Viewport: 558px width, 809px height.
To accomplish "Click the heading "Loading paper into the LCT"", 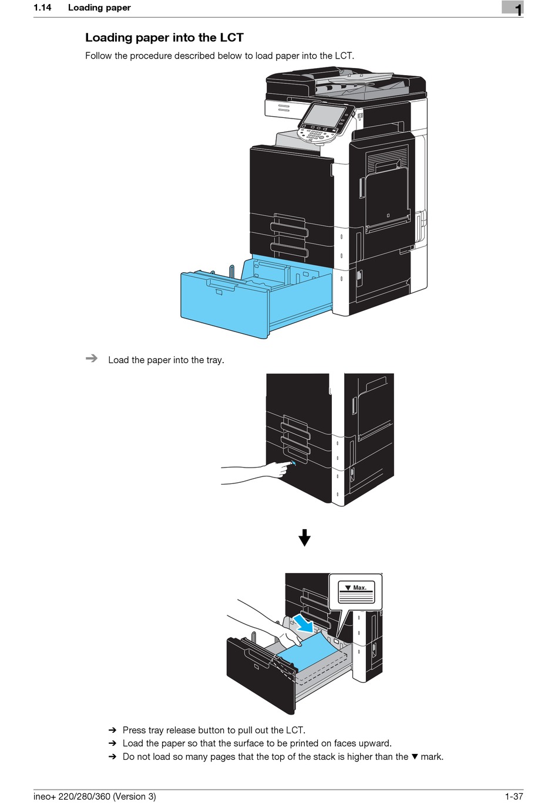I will [164, 38].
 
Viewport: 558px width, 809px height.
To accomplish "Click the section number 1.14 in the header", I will [42, 8].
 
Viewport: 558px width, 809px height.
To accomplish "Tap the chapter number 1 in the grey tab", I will [517, 9].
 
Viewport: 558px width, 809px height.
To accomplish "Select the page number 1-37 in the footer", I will [513, 796].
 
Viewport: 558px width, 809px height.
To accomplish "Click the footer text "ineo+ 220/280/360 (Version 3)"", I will [95, 796].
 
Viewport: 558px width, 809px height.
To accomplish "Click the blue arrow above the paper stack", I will [304, 622].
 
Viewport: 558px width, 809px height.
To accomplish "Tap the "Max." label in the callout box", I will [359, 587].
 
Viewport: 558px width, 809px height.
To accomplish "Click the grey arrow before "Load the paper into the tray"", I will [92, 358].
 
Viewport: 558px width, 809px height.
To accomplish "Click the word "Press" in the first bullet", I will [134, 730].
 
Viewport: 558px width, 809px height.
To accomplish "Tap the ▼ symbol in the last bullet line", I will [414, 757].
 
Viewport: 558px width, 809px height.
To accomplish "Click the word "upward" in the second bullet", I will [375, 743].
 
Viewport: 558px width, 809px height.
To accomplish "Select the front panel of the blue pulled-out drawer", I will [223, 305].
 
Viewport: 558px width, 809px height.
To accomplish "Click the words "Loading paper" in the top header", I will [99, 8].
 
